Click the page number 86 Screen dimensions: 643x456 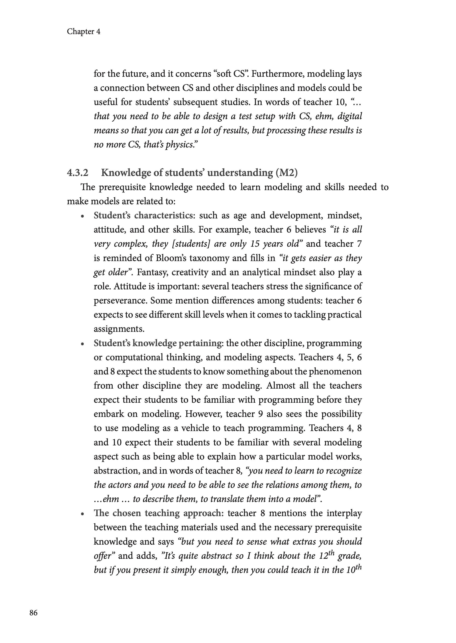pyautogui.click(x=33, y=613)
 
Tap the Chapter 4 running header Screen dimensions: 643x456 pyautogui.click(x=83, y=32)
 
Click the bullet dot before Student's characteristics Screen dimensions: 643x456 pyautogui.click(x=82, y=216)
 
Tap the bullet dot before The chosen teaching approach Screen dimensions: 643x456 pyautogui.click(x=82, y=514)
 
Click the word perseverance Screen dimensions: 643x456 pyautogui.click(x=121, y=301)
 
